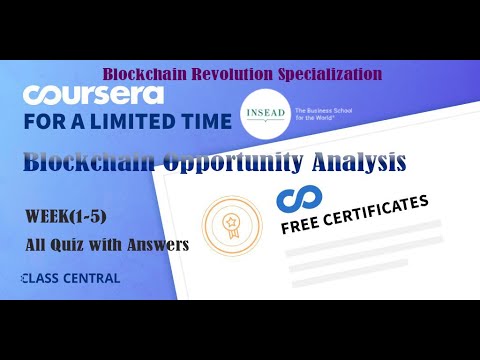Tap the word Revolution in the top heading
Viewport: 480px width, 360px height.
tap(240, 73)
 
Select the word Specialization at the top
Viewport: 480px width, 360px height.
tap(331, 73)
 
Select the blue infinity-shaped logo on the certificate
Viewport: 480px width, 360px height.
tap(295, 197)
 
